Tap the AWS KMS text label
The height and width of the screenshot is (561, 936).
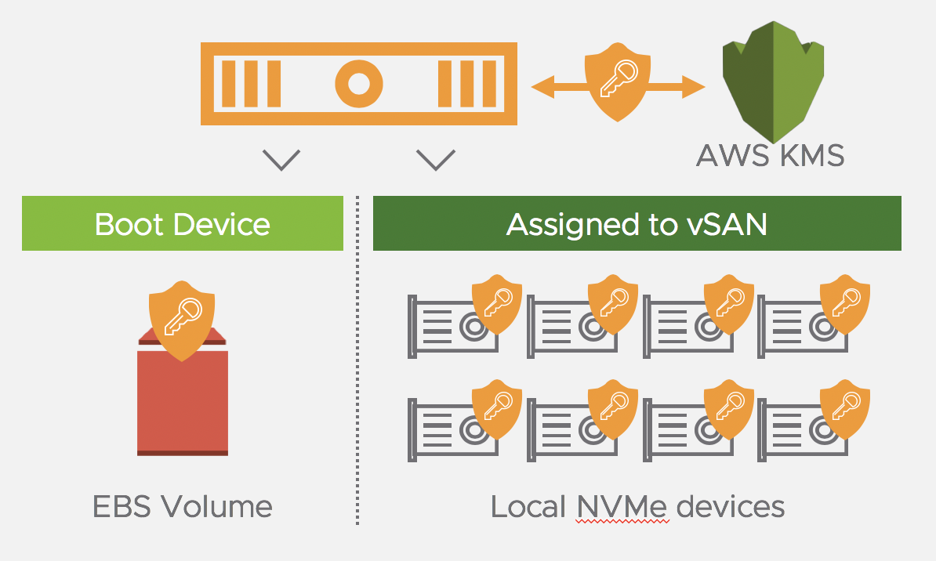770,155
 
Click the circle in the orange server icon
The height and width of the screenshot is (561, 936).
358,83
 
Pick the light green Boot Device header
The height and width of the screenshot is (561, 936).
182,224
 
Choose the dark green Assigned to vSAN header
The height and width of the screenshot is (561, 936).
637,224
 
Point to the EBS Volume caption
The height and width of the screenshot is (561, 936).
183,507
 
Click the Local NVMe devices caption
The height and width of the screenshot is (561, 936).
637,507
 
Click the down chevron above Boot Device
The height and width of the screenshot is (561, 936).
281,160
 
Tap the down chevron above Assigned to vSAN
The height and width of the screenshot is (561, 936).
436,160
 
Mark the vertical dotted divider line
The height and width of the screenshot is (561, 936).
357,360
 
